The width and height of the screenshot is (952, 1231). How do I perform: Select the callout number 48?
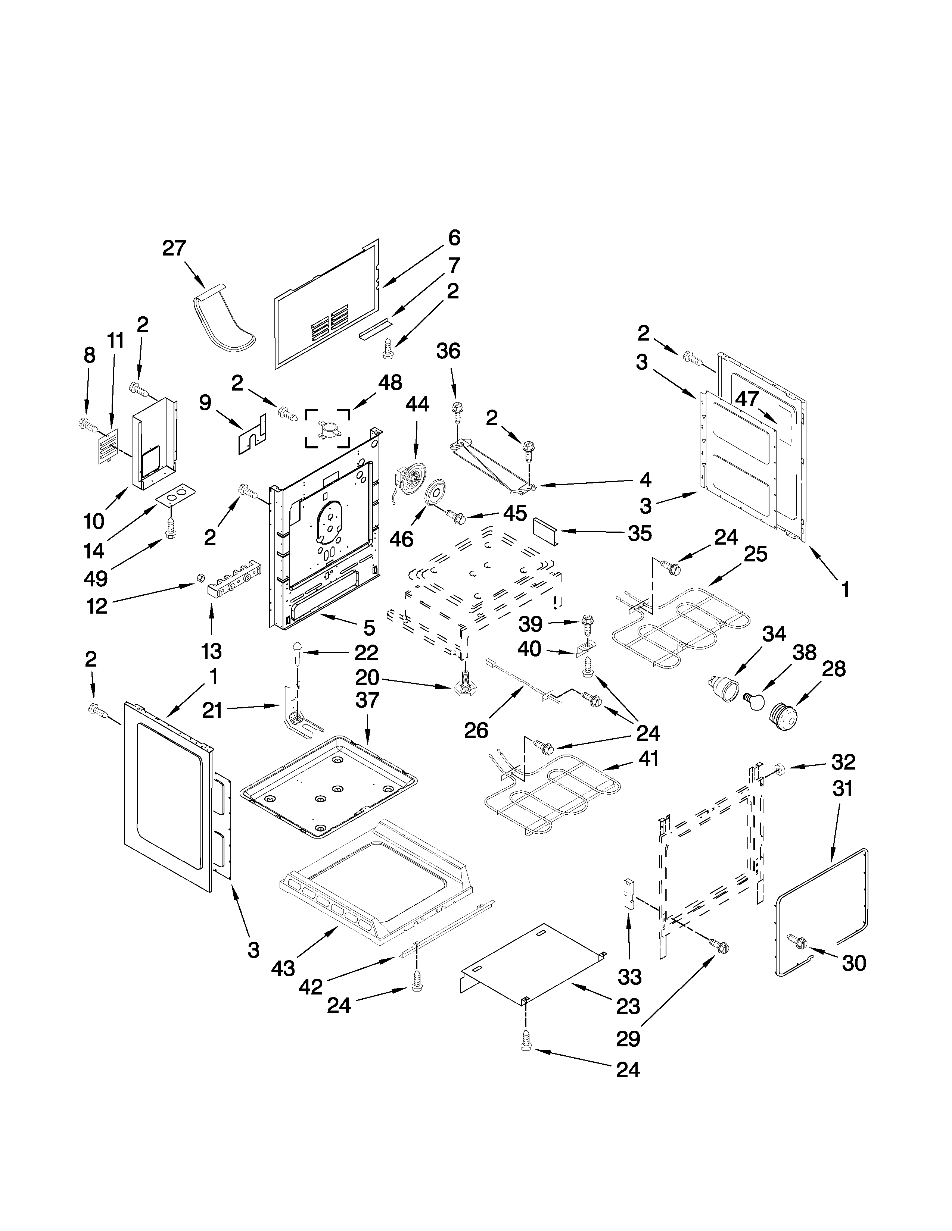[x=390, y=383]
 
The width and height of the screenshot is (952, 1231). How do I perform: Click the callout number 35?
[x=640, y=533]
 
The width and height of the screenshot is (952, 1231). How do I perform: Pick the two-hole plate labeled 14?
[x=176, y=495]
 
